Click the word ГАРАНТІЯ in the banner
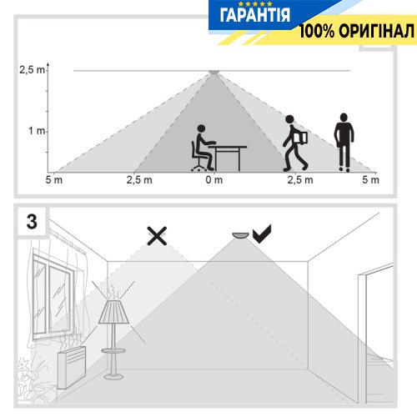[255, 15]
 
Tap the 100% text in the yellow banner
[317, 31]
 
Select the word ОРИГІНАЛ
[377, 31]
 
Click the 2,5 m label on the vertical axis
[32, 70]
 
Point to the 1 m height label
[37, 130]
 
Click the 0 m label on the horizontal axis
[214, 180]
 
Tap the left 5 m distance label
[54, 180]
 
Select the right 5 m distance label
[370, 180]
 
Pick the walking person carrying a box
[295, 143]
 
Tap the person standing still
[344, 143]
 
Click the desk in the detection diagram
[228, 158]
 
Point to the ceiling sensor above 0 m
[214, 73]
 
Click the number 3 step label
[32, 222]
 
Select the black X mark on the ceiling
[157, 236]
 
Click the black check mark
[262, 234]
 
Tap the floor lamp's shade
[113, 312]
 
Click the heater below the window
[72, 367]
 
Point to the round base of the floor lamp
[113, 377]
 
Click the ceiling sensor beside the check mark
[241, 235]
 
